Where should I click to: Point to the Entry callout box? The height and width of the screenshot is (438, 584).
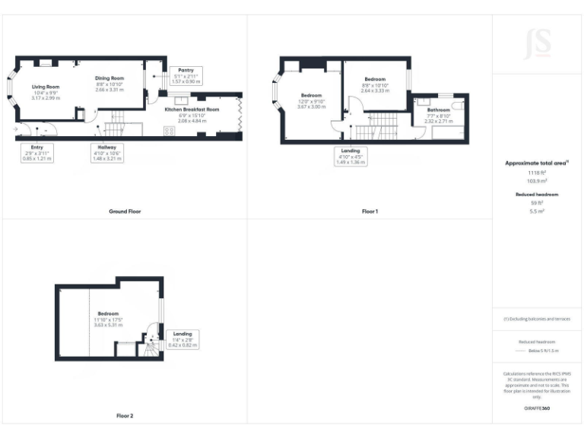pos(36,153)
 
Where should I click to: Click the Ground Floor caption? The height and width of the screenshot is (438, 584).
pos(124,211)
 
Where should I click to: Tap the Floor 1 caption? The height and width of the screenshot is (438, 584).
pos(370,211)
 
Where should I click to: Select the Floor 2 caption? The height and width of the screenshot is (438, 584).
pos(124,416)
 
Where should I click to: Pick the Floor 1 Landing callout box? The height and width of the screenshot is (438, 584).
pos(351,157)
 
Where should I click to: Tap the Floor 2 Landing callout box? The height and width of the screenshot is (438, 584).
pos(182,339)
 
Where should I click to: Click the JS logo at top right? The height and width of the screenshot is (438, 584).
pos(538,43)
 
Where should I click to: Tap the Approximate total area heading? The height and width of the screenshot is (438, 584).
pos(537,163)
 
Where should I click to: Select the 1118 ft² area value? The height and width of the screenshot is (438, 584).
pos(537,173)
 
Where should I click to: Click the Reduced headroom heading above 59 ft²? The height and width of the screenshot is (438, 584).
pos(537,195)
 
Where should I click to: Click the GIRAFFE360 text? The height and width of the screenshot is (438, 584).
pos(537,408)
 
